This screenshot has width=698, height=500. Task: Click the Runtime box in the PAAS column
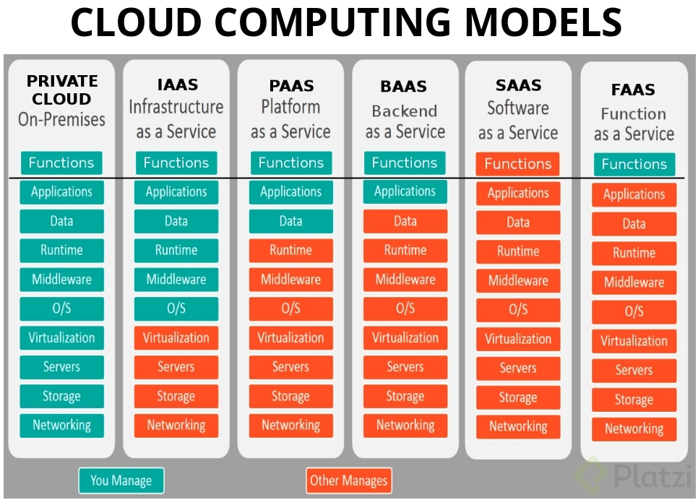[x=290, y=251]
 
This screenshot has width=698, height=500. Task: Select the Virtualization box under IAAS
[x=176, y=338]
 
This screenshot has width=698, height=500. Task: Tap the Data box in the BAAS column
[x=405, y=221]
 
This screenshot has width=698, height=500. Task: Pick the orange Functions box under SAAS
[x=517, y=164]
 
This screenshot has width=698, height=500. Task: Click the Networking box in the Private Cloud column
[x=61, y=426]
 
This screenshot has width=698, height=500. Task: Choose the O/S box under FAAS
[x=634, y=312]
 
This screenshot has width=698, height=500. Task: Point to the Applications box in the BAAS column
[x=405, y=192]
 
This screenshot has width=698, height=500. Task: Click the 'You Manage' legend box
[x=121, y=480]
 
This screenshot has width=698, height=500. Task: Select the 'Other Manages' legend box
[x=349, y=480]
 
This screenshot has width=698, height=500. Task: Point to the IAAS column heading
[x=177, y=85]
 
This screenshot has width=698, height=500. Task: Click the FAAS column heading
[x=633, y=90]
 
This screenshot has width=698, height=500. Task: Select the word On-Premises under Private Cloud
[x=61, y=119]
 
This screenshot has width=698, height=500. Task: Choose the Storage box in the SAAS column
[x=517, y=398]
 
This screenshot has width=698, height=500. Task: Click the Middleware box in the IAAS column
[x=176, y=280]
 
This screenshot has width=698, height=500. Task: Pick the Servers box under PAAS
[x=290, y=367]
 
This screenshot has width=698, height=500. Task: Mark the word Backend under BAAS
[x=404, y=111]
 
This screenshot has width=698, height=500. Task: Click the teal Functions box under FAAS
[x=634, y=164]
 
